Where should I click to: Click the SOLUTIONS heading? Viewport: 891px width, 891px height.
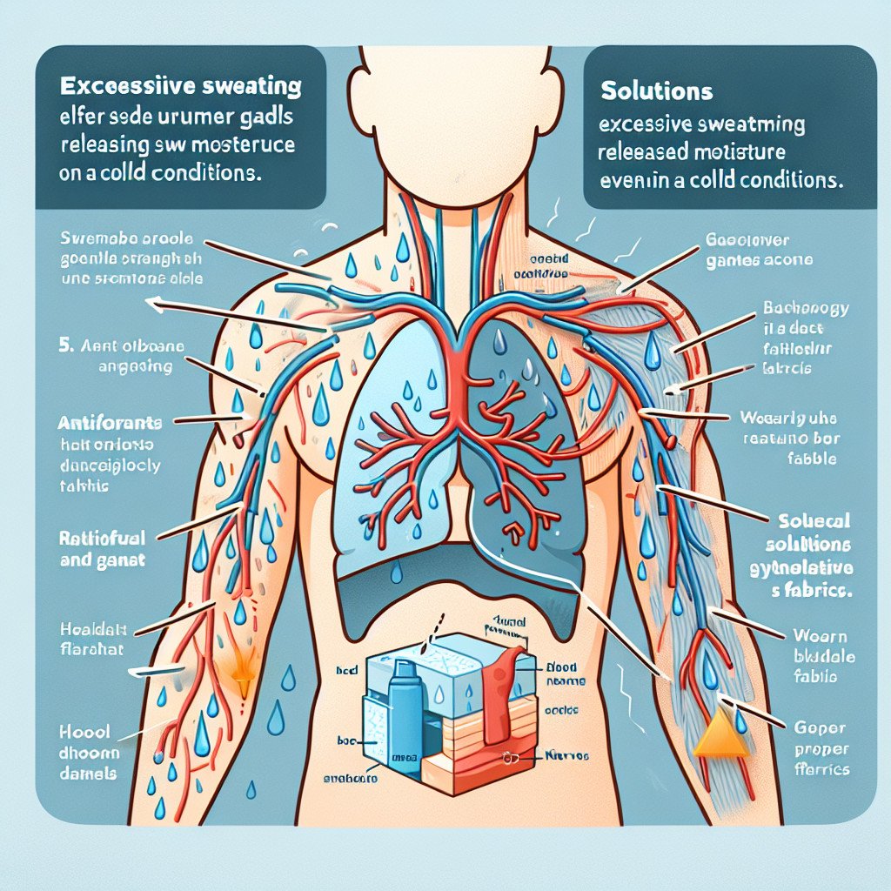pyautogui.click(x=656, y=90)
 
